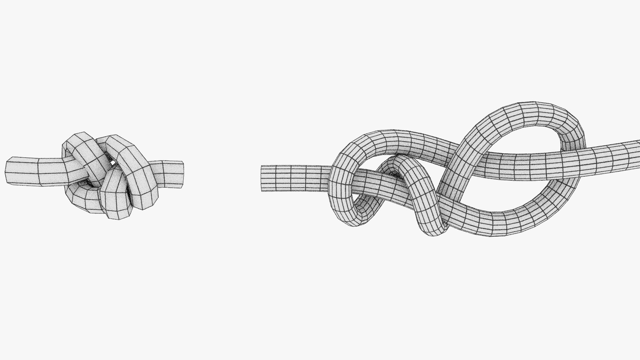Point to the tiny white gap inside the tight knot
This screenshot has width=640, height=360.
(x=113, y=163)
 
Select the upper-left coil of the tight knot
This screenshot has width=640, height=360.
(x=80, y=150)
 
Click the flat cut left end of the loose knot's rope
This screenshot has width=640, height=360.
(x=262, y=178)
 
